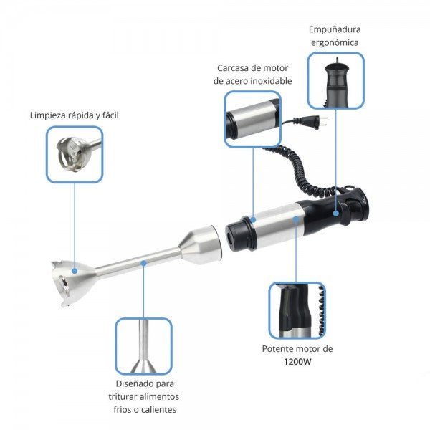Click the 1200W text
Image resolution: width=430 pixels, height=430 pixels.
(x=297, y=362)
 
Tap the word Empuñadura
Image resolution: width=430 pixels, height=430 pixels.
(x=335, y=29)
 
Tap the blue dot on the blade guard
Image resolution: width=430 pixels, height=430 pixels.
(x=75, y=271)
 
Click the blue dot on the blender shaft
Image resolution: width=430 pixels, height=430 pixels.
(x=143, y=263)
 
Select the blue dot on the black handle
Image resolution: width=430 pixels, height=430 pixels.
(x=336, y=213)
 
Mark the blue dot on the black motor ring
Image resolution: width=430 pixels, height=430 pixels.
(x=253, y=220)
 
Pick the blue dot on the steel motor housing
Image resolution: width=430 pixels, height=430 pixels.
(x=296, y=219)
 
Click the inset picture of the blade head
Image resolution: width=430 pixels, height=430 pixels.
(x=75, y=154)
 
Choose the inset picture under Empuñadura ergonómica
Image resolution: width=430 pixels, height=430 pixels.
(x=335, y=80)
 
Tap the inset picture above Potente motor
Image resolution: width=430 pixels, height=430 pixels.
(x=297, y=310)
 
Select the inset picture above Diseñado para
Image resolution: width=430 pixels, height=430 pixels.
(x=143, y=346)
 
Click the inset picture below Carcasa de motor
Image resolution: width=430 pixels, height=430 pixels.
(x=252, y=119)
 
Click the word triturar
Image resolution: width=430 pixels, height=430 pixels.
(x=123, y=396)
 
